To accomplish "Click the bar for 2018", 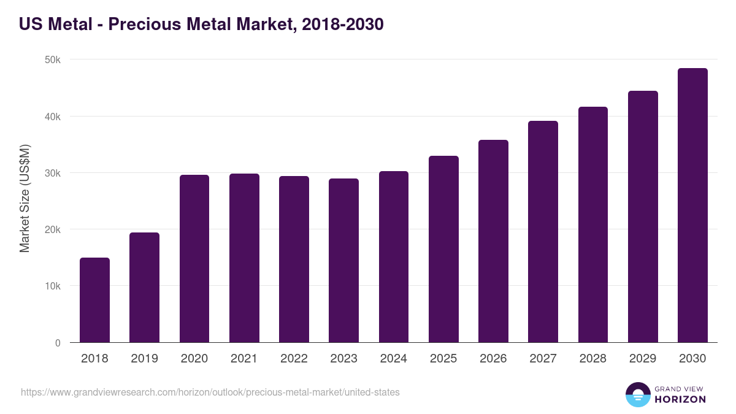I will pyautogui.click(x=94, y=300).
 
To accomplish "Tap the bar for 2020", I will pyautogui.click(x=194, y=258).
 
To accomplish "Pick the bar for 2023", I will pyautogui.click(x=343, y=260).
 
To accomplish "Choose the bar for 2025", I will pyautogui.click(x=443, y=249).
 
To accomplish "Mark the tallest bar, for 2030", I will pyautogui.click(x=692, y=205).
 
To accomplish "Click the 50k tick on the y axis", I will pyautogui.click(x=53, y=60).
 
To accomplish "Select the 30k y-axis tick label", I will pyautogui.click(x=53, y=173).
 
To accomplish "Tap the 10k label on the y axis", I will pyautogui.click(x=53, y=286).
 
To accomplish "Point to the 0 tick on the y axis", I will pyautogui.click(x=58, y=343).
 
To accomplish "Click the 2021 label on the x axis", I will pyautogui.click(x=244, y=359).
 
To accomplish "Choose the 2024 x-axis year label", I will pyautogui.click(x=393, y=359).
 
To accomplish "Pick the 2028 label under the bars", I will pyautogui.click(x=592, y=359).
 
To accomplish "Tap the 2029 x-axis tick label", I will pyautogui.click(x=642, y=359).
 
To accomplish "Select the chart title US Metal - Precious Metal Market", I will pyautogui.click(x=201, y=25).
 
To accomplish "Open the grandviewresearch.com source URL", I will pyautogui.click(x=210, y=392).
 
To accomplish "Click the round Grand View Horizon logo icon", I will pyautogui.click(x=637, y=394).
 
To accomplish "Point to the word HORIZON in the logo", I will pyautogui.click(x=680, y=399).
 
